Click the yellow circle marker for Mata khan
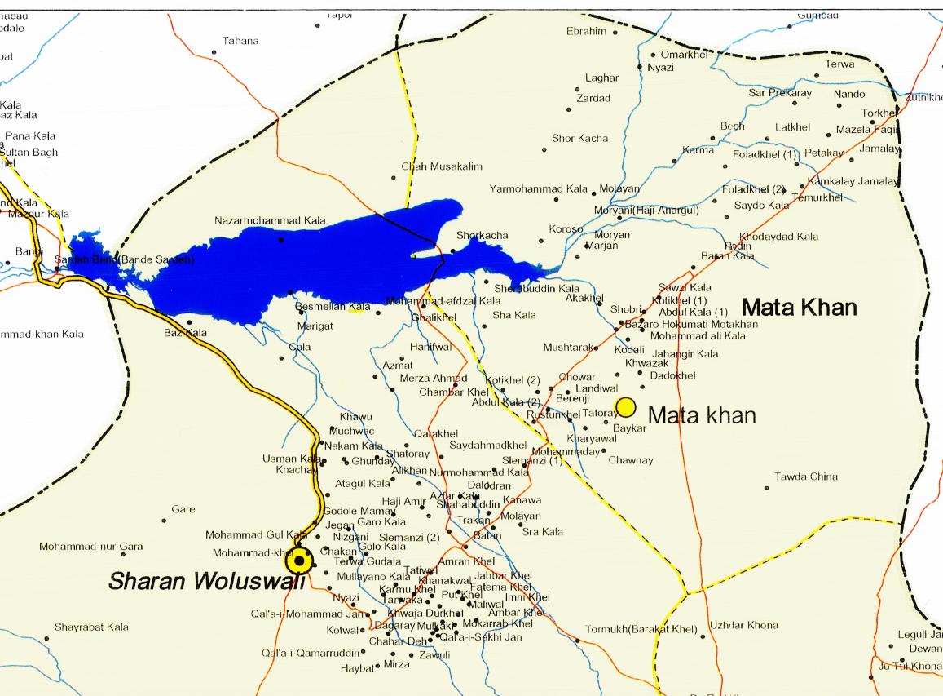point(626,406)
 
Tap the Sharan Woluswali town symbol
point(299,561)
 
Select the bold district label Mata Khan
point(799,308)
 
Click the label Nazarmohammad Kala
point(270,221)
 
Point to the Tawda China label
point(806,477)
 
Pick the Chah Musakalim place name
point(442,167)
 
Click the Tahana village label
point(240,41)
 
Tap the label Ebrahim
point(587,32)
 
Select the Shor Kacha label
point(579,139)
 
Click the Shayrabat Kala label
point(91,627)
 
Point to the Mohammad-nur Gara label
point(91,547)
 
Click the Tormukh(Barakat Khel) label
point(641,630)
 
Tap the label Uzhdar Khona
point(743,626)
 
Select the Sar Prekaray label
point(780,93)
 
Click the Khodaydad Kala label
point(778,237)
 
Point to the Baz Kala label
point(185,333)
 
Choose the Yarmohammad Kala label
point(538,189)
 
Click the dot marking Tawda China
point(766,488)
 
